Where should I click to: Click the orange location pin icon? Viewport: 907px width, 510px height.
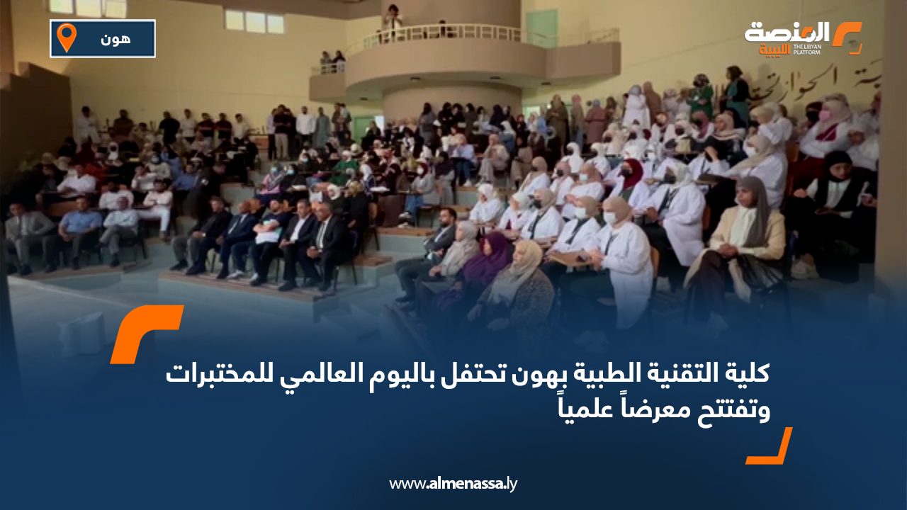(x=66, y=37)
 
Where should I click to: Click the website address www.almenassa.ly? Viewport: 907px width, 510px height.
(x=453, y=484)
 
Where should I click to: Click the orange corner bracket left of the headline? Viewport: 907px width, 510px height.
(x=145, y=333)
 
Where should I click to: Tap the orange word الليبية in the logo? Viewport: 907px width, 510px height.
(x=774, y=50)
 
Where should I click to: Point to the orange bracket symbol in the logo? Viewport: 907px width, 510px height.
(x=846, y=37)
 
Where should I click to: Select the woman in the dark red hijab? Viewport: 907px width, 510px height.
(x=633, y=177)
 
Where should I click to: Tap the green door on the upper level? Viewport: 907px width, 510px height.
(x=541, y=28)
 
